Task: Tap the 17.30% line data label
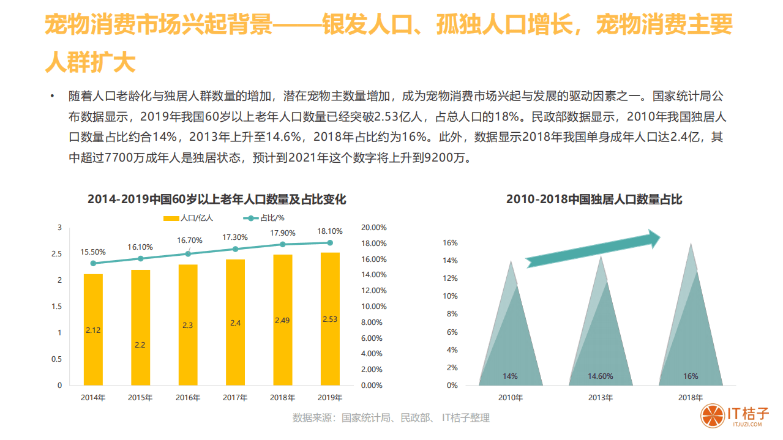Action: click(x=235, y=237)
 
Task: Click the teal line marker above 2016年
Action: click(x=188, y=253)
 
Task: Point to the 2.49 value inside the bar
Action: click(x=282, y=320)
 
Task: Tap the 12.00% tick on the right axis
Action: click(x=374, y=291)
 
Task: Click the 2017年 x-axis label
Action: click(x=235, y=398)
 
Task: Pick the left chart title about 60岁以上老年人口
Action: click(x=217, y=199)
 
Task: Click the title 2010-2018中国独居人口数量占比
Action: click(x=594, y=199)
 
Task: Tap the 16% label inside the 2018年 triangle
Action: click(x=691, y=376)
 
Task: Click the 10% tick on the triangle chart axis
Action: click(x=452, y=296)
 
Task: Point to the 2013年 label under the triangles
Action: click(x=601, y=398)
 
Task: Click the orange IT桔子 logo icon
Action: click(x=711, y=416)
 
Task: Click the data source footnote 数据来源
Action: click(x=391, y=418)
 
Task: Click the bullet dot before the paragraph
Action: click(x=53, y=97)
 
